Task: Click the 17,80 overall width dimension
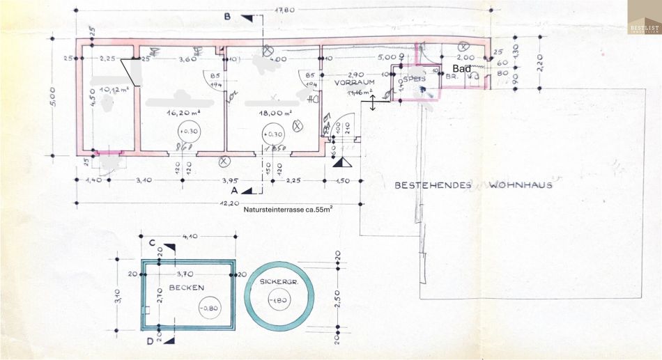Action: (x=286, y=10)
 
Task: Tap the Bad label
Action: (x=462, y=68)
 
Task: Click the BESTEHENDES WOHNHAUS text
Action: (x=473, y=185)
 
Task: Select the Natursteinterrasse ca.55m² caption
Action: (x=287, y=209)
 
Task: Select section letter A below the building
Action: (x=235, y=189)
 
